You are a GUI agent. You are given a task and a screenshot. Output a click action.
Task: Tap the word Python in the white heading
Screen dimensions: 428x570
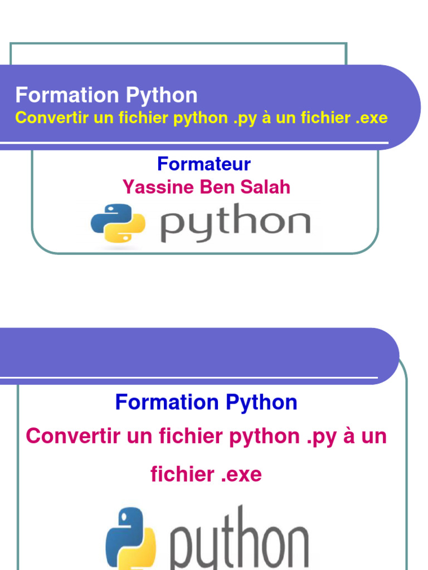pos(162,96)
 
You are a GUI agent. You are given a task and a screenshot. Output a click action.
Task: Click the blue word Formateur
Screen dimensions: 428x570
pos(204,164)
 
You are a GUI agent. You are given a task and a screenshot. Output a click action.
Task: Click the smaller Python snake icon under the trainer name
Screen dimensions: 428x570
pos(118,223)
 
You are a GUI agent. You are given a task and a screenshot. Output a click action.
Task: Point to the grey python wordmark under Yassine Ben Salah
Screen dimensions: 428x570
pos(235,223)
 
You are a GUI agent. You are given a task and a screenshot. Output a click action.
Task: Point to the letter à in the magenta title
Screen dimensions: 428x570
pos(349,436)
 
